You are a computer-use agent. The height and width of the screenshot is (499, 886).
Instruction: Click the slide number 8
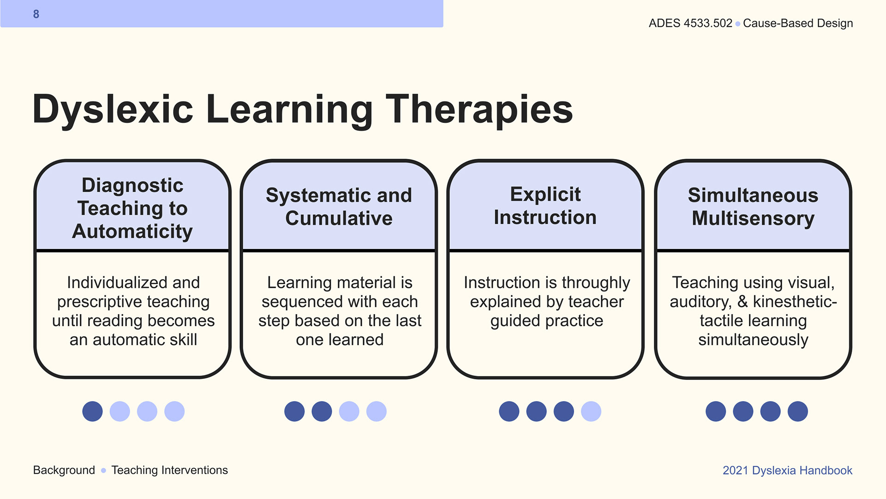[x=36, y=14]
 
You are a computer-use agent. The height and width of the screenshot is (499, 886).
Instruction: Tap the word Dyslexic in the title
[x=113, y=110]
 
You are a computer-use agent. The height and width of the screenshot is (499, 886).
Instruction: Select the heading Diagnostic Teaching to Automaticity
[x=132, y=208]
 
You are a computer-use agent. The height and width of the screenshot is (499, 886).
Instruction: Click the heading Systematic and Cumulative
[x=339, y=207]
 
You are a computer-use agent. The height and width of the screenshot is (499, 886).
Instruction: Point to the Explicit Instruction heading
[x=545, y=206]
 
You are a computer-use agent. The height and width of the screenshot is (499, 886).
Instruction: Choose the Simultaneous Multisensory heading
[x=753, y=207]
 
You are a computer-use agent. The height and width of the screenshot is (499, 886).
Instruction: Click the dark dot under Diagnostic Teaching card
[x=92, y=411]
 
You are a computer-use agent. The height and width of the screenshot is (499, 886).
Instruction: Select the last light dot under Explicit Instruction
[x=591, y=411]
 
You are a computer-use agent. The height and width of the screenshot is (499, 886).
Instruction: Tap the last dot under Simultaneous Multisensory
[x=798, y=411]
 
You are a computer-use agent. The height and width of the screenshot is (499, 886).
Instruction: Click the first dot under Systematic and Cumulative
[x=294, y=411]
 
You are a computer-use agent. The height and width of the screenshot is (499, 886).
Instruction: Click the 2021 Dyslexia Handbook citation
[x=787, y=470]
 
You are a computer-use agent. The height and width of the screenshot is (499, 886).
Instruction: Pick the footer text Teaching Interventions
[x=169, y=470]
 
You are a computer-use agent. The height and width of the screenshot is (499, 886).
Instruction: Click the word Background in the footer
[x=64, y=470]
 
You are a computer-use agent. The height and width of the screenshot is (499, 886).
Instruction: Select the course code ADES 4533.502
[x=690, y=23]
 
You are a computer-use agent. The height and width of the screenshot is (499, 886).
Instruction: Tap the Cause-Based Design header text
[x=798, y=23]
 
